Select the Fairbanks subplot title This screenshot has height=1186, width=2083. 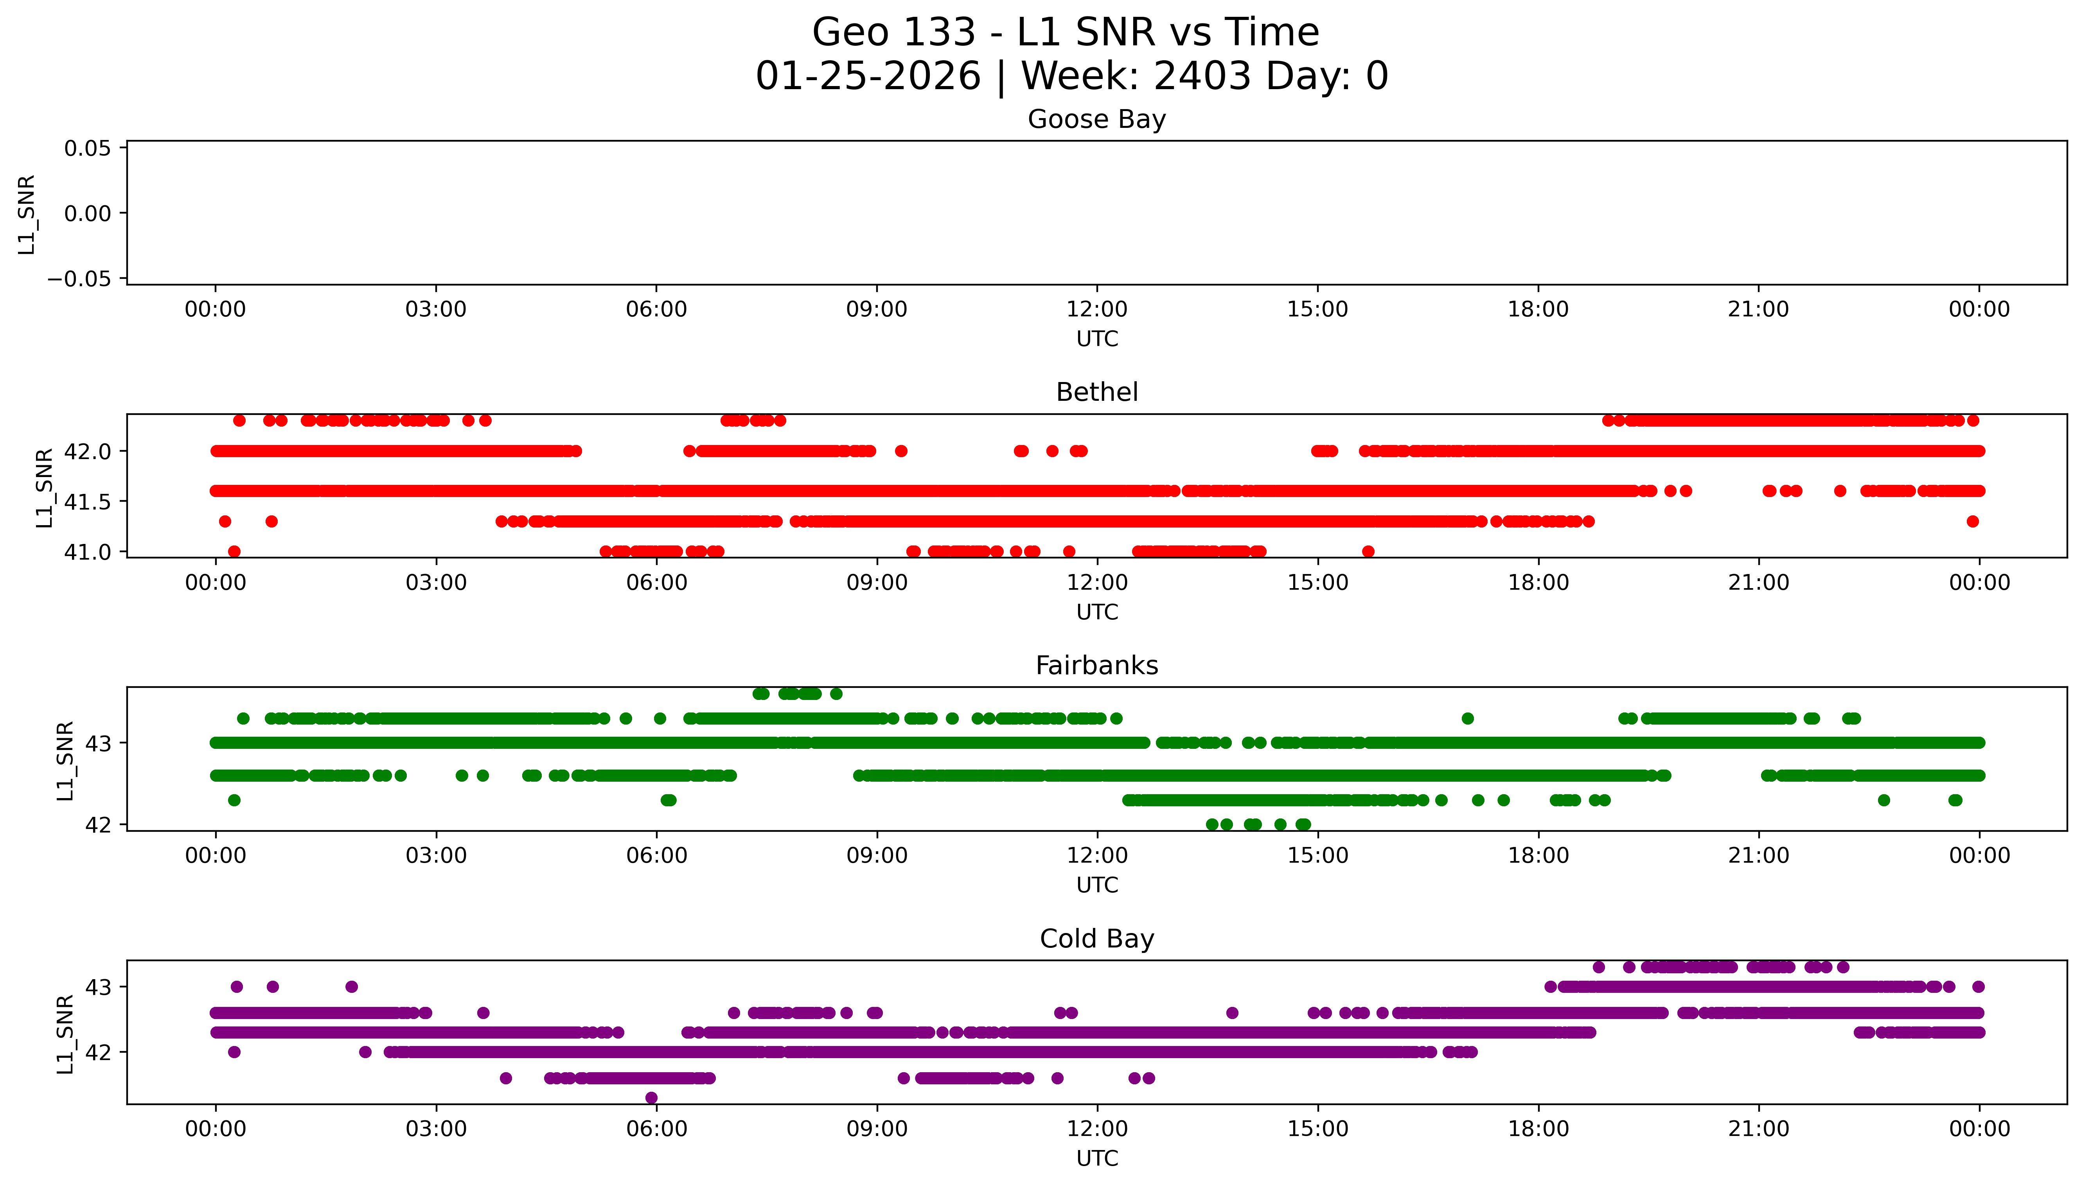[x=1096, y=666]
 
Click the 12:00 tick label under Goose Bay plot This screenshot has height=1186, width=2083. [x=1096, y=310]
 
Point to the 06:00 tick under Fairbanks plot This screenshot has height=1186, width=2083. [x=656, y=855]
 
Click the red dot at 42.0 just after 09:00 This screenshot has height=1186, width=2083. [x=900, y=450]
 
